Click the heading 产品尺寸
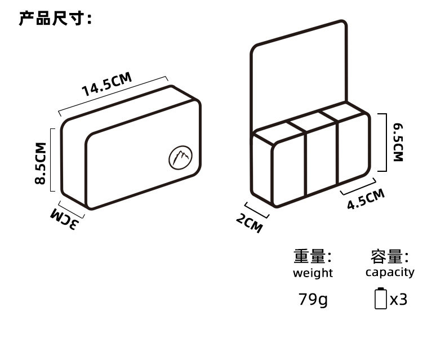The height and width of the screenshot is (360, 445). coord(55,19)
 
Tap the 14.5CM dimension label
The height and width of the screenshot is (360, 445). coord(106,84)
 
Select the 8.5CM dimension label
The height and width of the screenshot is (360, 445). coord(40,164)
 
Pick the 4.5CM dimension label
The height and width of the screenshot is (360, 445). coord(366,199)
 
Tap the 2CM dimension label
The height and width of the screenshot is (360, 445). coord(249,224)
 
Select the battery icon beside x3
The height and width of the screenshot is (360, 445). coord(381,298)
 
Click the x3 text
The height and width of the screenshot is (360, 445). coord(399,299)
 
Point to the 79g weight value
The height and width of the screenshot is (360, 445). coord(313,299)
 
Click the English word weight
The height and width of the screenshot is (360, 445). coord(313,273)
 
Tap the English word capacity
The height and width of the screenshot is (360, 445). coord(390,272)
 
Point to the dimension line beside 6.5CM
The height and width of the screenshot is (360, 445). coord(385,141)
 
